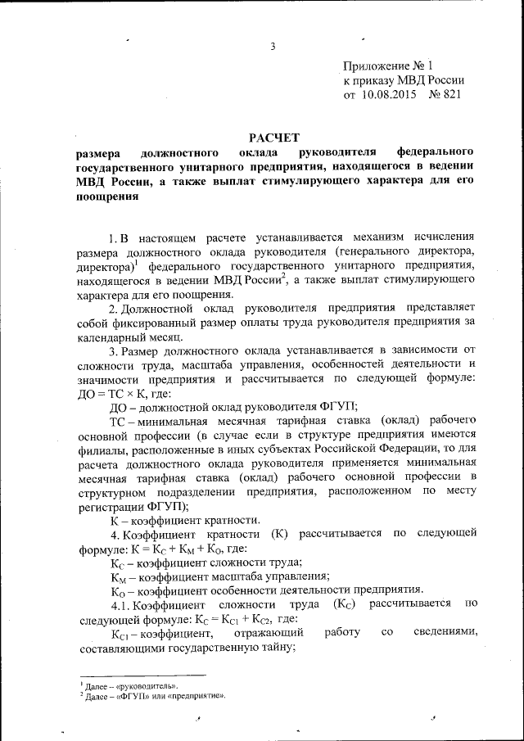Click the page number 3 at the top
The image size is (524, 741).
point(271,45)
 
